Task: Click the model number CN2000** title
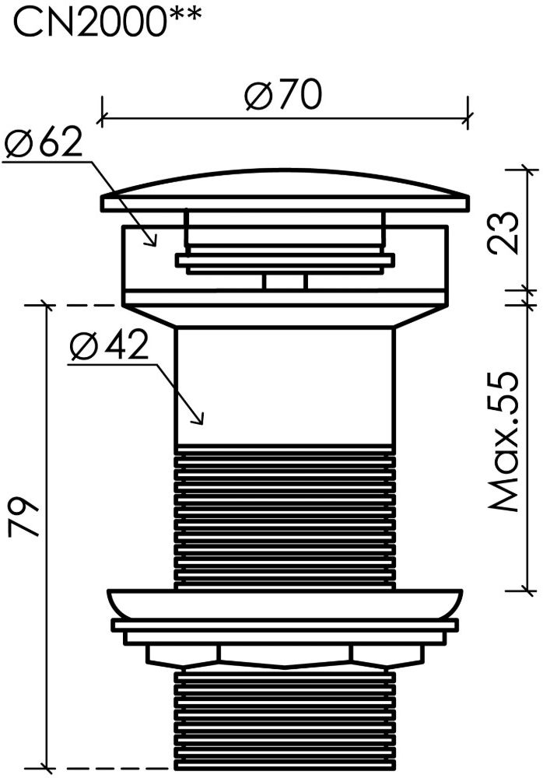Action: (107, 20)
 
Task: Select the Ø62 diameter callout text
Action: (43, 143)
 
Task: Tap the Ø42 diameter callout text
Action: (109, 345)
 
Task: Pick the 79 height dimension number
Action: (23, 518)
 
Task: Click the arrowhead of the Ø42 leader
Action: (198, 419)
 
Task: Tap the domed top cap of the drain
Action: (285, 192)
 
